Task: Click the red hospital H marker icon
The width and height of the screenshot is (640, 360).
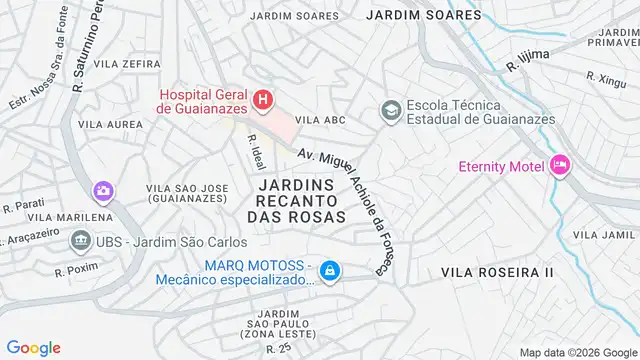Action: (x=262, y=99)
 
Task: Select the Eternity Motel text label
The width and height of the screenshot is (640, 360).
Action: (x=501, y=166)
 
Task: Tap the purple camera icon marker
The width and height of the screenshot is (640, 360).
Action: (x=102, y=190)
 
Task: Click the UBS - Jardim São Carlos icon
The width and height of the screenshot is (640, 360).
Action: (x=79, y=240)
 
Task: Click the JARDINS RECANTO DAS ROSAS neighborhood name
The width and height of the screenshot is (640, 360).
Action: (x=294, y=200)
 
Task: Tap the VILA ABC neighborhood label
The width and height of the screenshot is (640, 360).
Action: (x=321, y=120)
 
